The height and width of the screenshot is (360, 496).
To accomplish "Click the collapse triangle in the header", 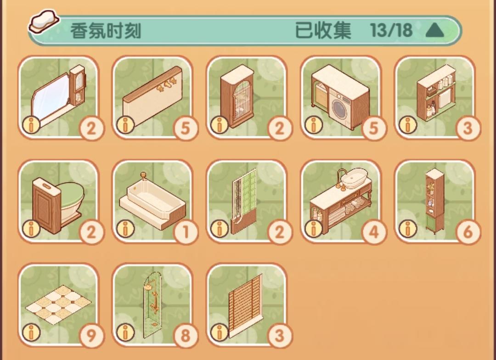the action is click(x=435, y=31).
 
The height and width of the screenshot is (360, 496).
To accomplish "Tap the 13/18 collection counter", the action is click(x=391, y=30).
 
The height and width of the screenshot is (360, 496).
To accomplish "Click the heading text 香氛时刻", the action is click(x=105, y=31).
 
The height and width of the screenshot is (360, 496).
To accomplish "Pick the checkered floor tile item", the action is click(x=58, y=304).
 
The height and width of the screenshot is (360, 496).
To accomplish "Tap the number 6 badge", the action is click(x=468, y=232).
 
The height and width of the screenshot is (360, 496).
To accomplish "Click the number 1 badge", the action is click(x=186, y=232).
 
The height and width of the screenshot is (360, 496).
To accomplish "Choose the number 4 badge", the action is click(x=374, y=232).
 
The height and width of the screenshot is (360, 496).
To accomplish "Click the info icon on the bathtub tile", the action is click(x=125, y=228).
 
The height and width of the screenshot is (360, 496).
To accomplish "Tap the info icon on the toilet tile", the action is click(x=31, y=228).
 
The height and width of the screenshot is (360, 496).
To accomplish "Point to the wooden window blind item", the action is click(x=245, y=306).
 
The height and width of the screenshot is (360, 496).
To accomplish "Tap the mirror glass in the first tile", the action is click(x=52, y=96).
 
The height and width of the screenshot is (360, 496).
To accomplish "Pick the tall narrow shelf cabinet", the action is click(x=434, y=201).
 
